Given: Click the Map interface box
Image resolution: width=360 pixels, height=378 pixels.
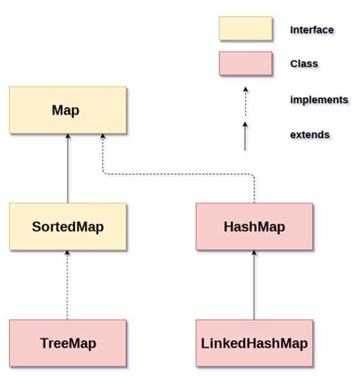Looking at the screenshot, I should [x=67, y=110].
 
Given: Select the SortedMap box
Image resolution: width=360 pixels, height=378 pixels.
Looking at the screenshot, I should [x=67, y=226].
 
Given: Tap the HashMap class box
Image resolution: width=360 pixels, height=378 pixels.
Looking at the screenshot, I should [x=254, y=226].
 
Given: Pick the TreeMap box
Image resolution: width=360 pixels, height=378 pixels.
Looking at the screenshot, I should [x=67, y=343].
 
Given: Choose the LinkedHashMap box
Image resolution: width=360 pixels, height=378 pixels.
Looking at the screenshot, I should [x=254, y=343].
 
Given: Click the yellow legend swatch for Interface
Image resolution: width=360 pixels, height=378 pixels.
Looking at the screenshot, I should [x=245, y=29].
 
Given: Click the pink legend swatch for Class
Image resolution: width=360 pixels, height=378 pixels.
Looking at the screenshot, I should [x=245, y=64].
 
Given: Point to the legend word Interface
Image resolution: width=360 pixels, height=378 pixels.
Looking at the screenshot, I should [x=311, y=30].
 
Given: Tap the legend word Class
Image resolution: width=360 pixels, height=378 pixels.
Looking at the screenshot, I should [x=304, y=65].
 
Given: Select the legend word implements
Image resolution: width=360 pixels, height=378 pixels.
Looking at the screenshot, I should [x=319, y=99].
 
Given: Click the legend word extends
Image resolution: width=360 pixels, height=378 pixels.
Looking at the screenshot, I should [x=310, y=134].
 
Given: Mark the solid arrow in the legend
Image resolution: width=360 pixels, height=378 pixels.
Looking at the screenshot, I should [x=245, y=137].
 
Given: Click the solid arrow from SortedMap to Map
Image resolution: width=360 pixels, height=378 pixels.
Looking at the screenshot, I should [x=67, y=171].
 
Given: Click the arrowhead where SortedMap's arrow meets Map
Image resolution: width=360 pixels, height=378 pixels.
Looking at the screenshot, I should [x=67, y=137].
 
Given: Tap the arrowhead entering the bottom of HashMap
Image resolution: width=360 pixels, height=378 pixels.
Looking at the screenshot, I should [x=254, y=254].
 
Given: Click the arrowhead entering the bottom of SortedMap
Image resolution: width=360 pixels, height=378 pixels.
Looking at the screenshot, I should [x=67, y=254].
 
